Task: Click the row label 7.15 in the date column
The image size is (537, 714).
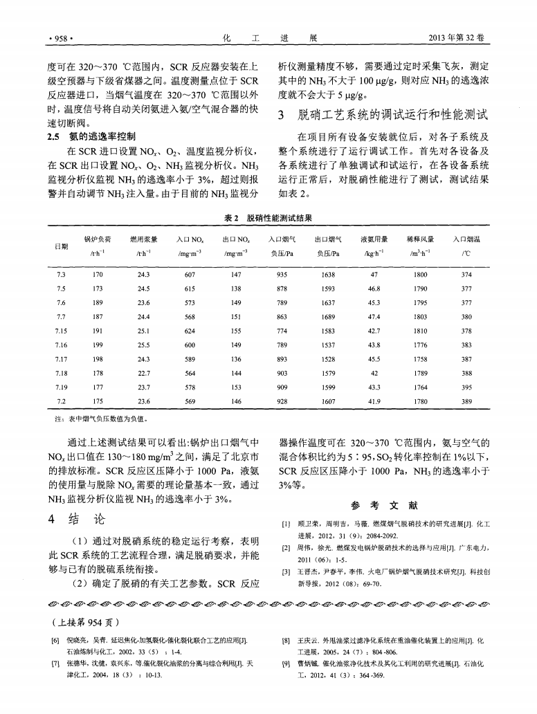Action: (x=60, y=330)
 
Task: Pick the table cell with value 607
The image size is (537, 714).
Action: (x=190, y=274)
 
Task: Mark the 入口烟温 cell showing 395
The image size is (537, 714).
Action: (x=466, y=386)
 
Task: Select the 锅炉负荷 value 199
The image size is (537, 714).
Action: (x=98, y=344)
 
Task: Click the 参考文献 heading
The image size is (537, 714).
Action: (x=383, y=504)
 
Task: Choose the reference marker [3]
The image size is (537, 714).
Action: (x=284, y=571)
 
